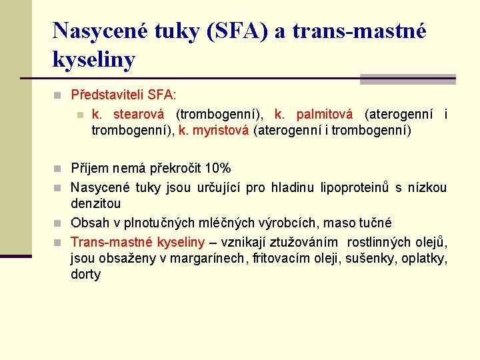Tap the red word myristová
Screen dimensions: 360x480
(x=221, y=131)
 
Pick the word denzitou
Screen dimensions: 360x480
(x=96, y=203)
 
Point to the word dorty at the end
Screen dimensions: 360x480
(x=85, y=274)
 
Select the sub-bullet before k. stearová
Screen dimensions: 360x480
(x=79, y=115)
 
